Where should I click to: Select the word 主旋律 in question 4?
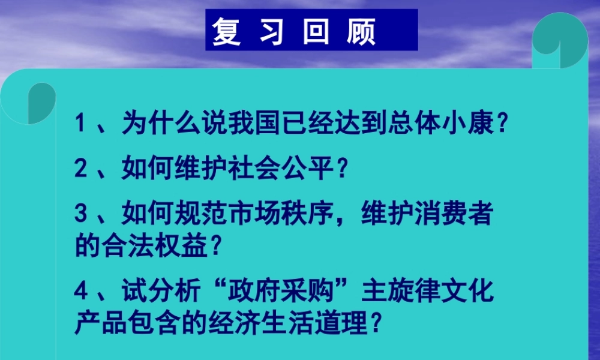point(399,292)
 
